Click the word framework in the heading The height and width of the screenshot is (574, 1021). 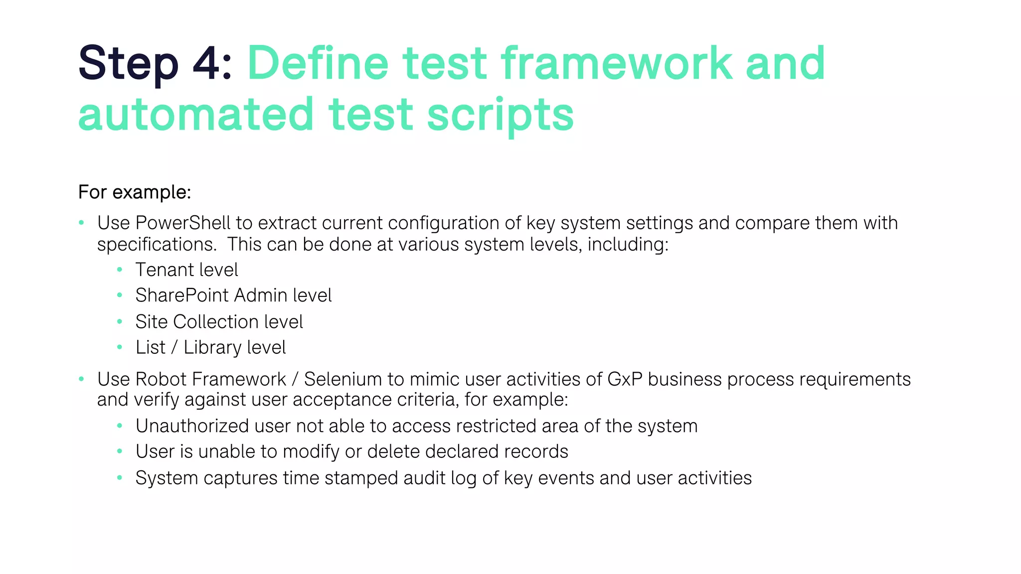[x=616, y=63]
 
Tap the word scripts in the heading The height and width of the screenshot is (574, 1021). [x=500, y=115]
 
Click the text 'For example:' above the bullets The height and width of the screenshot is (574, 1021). [x=135, y=192]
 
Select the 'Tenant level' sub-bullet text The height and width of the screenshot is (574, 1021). [x=186, y=270]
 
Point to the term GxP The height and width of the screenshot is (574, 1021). [x=624, y=379]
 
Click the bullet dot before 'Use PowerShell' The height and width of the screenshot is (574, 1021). [x=81, y=223]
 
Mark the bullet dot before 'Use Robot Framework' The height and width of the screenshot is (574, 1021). [x=81, y=379]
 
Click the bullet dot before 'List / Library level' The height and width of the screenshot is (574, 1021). [x=120, y=347]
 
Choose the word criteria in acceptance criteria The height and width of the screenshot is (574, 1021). [x=428, y=400]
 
